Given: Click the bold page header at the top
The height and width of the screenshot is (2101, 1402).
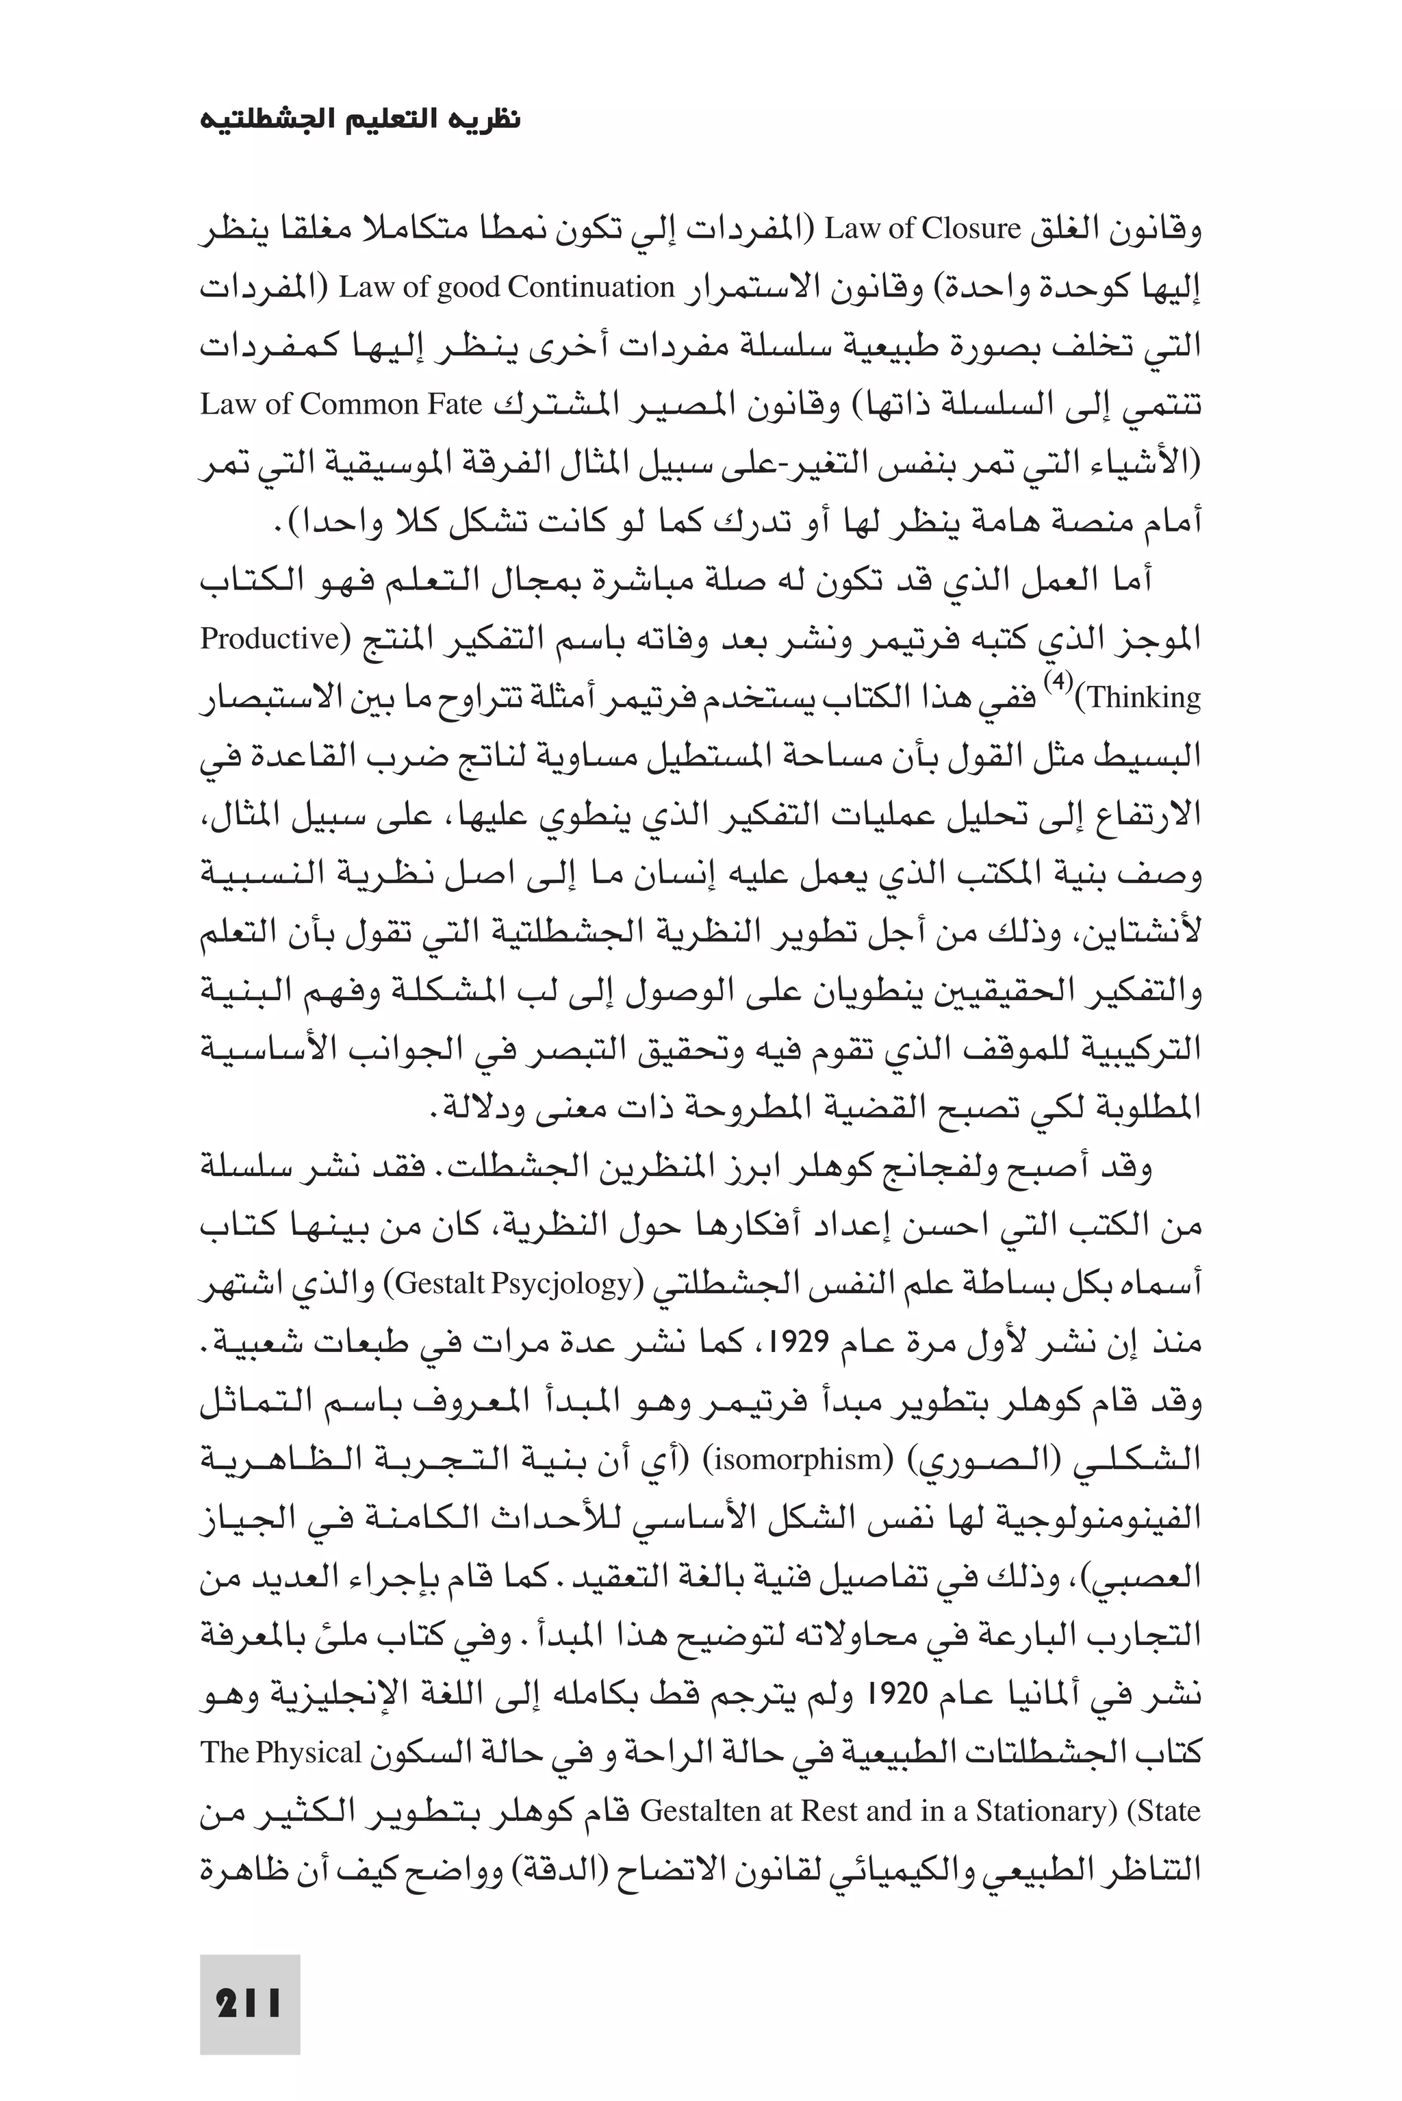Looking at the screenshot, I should pyautogui.click(x=360, y=119).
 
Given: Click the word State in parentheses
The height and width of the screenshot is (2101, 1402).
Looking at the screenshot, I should pyautogui.click(x=1162, y=1811).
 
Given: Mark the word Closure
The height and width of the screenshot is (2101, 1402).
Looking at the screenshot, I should pyautogui.click(x=970, y=230).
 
